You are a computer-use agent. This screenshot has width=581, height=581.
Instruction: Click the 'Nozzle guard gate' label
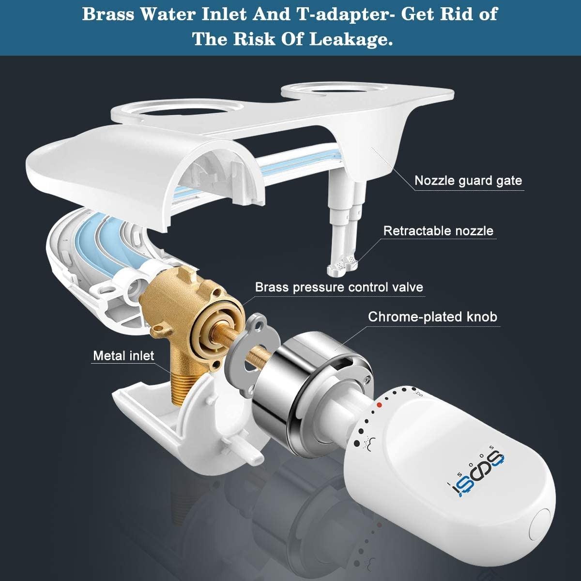pos(468,181)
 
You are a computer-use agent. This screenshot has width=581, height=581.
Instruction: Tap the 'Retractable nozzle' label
pos(438,231)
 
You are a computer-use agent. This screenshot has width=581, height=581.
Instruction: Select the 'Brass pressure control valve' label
pos(339,287)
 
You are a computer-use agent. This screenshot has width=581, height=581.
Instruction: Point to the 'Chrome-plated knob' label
pos(432,317)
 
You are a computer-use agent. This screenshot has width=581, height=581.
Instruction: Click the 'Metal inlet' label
pos(123,356)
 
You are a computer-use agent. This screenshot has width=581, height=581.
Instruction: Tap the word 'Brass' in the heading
pos(108,14)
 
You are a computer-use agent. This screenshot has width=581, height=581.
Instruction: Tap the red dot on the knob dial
pos(379,405)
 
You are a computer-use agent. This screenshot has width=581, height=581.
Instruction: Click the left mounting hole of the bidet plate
pos(175,110)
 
